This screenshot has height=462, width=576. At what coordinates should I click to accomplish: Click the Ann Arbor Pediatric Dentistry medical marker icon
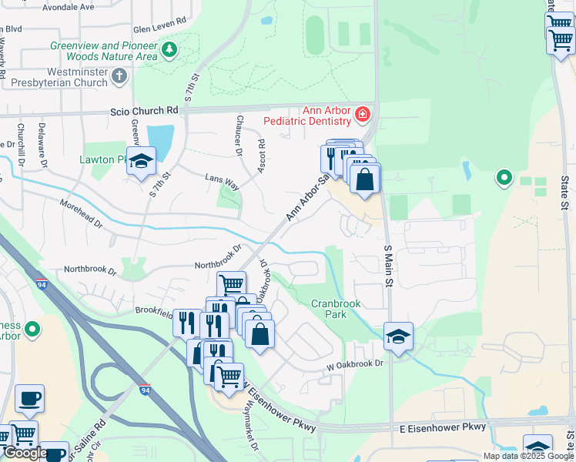pos(362,116)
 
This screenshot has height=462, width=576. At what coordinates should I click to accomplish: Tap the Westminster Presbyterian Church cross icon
pos(119,76)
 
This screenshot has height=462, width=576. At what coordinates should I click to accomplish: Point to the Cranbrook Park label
pos(336,310)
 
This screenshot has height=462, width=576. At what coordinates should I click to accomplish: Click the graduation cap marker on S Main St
pos(398,336)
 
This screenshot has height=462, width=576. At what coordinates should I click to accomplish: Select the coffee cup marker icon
pos(30,398)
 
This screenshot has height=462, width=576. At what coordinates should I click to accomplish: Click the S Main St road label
pos(388,266)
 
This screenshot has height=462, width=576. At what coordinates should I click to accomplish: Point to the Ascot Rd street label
pos(261,154)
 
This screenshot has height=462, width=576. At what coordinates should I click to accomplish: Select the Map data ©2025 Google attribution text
pos(528,456)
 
